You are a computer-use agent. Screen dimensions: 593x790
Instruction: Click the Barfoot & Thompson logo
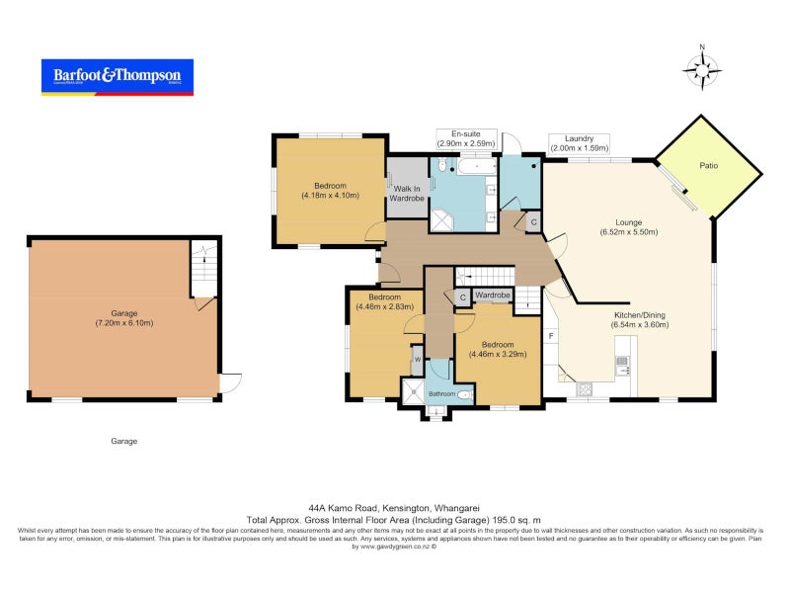tap(117, 76)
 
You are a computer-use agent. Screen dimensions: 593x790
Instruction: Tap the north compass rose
tap(702, 69)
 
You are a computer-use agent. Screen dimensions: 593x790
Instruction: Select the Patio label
tap(708, 166)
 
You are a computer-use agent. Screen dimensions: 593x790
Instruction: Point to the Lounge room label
tap(628, 227)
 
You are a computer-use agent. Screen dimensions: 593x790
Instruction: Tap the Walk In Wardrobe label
tap(406, 194)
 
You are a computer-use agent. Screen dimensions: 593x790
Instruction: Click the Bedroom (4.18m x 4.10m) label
tap(330, 191)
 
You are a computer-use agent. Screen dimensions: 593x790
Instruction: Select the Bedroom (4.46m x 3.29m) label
tap(498, 350)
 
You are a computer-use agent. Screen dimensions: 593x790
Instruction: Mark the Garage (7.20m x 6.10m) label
tap(124, 318)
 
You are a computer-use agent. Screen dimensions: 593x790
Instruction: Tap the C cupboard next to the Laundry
tap(533, 222)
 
